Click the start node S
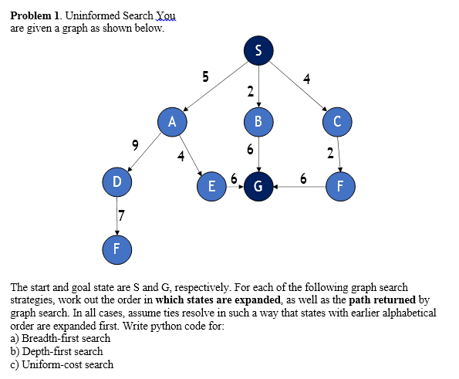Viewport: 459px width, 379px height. pos(258,51)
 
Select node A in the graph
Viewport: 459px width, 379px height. pos(172,121)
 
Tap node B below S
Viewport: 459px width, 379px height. pos(258,121)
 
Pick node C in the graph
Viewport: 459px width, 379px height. pos(337,121)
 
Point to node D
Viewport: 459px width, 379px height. pos(116,182)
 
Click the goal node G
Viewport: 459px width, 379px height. pos(258,186)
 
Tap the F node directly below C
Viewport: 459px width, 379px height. pos(337,186)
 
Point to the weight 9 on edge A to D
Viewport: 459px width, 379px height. pos(135,144)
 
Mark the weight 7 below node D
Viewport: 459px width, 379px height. pos(122,212)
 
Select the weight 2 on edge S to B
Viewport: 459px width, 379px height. pos(250,92)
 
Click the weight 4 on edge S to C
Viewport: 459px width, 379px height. pos(306,78)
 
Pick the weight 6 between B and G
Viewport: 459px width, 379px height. pos(250,149)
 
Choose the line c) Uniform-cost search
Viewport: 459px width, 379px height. pos(61,364)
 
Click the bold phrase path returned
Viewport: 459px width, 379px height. pos(383,299)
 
